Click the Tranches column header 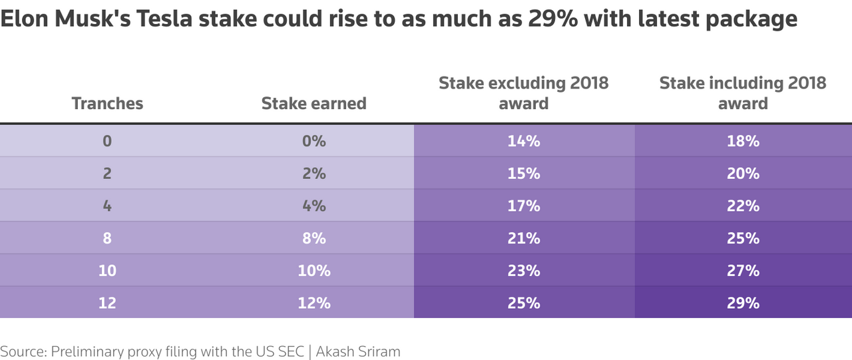click(107, 103)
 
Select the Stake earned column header click(314, 103)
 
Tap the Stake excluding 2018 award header click(523, 93)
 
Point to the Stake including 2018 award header click(743, 93)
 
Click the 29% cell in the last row click(743, 303)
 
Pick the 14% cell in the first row click(523, 141)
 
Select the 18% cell click(743, 141)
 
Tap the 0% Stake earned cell click(314, 141)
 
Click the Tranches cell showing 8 click(107, 238)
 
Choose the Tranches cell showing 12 click(107, 303)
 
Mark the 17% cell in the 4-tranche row click(523, 206)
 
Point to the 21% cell click(523, 238)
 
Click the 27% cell click(743, 270)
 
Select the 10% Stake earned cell click(314, 270)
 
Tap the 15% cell click(523, 173)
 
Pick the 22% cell click(743, 206)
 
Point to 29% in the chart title click(545, 19)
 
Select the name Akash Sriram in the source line click(358, 351)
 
